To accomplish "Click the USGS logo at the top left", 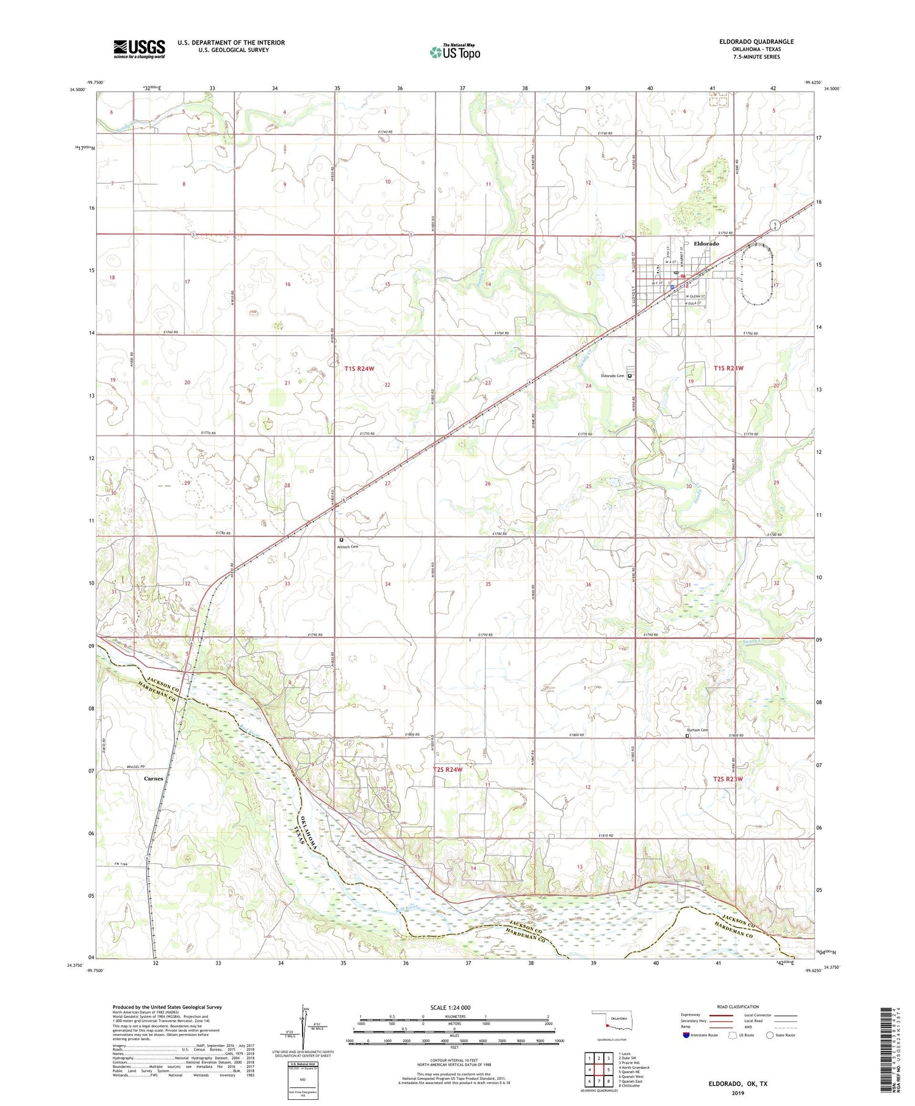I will (x=139, y=48).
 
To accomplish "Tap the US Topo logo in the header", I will (x=454, y=52).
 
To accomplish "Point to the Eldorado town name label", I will (x=706, y=243).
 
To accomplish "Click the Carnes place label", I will (x=153, y=779).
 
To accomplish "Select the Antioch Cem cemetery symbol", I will (x=341, y=540).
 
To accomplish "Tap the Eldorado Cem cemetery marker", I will (x=630, y=376).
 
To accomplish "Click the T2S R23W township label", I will (x=728, y=779).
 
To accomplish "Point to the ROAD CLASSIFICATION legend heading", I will (x=738, y=1007).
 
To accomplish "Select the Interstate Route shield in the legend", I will (x=686, y=1035).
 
